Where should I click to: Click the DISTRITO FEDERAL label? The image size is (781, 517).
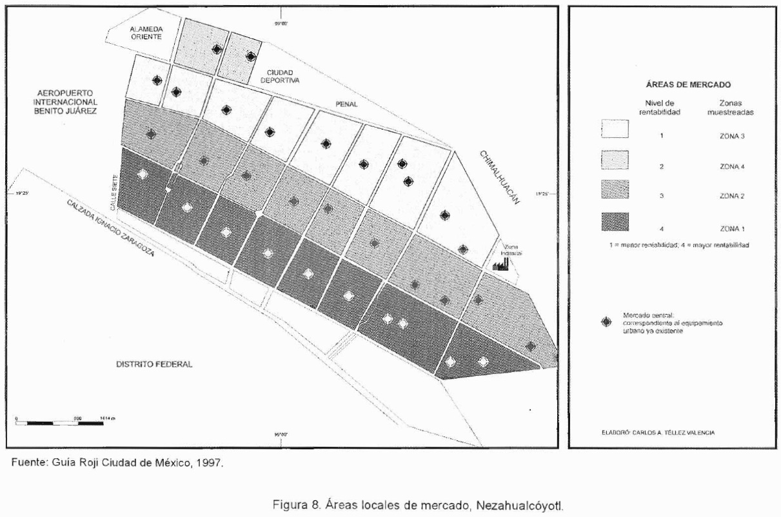click(154, 364)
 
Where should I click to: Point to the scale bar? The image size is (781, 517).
click(58, 423)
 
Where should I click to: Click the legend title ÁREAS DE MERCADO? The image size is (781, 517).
click(674, 84)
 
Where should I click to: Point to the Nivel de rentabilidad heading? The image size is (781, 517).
click(660, 106)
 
